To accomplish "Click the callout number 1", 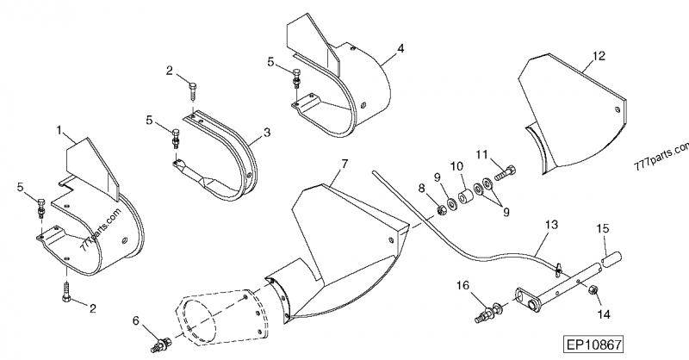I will point(59,131).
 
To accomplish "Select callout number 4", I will point(400,50).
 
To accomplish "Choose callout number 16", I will point(462,285).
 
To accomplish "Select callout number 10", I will point(456,166).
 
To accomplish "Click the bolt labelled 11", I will point(506,174).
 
